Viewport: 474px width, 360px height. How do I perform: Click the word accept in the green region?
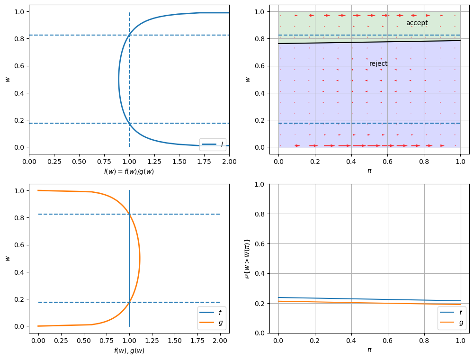coord(417,23)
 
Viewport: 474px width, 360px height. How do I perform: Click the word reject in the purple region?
coord(378,63)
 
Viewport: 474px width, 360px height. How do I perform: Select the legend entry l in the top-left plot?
coord(213,144)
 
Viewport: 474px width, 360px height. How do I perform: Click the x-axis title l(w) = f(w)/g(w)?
coord(129,171)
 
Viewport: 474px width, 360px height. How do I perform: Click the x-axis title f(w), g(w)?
coord(129,351)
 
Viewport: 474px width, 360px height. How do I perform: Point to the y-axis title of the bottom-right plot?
coord(247,258)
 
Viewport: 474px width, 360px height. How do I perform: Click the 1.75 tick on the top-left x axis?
coord(204,161)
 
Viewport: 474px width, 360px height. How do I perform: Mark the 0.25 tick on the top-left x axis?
coord(54,161)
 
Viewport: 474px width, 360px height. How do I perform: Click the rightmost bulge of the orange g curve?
coord(140,259)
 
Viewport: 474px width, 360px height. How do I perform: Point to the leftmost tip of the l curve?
coord(119,79)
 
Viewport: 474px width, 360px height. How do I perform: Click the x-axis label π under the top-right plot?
coord(369,171)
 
